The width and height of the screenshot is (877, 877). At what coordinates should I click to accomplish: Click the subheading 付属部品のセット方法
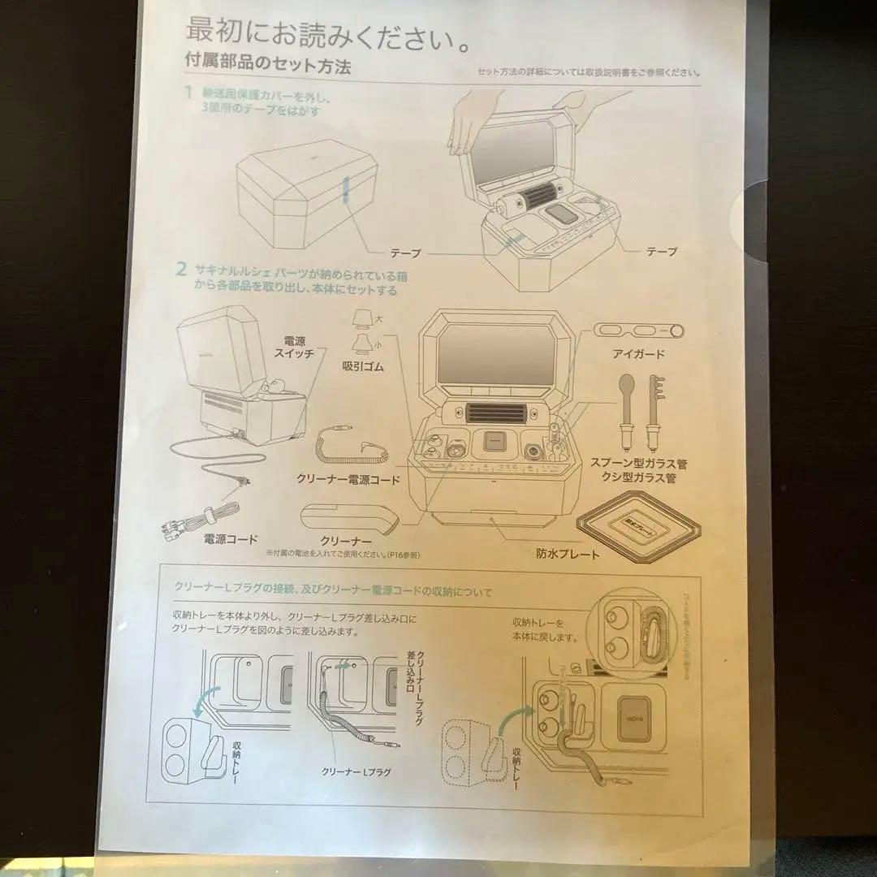point(268,67)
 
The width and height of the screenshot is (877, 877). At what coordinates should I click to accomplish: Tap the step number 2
point(183,268)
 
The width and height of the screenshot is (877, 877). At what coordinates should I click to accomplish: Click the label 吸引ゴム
point(362,367)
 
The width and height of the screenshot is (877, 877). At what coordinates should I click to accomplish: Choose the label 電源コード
point(231,538)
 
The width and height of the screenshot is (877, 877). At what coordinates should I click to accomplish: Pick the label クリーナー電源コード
point(348,480)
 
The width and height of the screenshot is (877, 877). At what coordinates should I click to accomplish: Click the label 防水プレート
point(568,555)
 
